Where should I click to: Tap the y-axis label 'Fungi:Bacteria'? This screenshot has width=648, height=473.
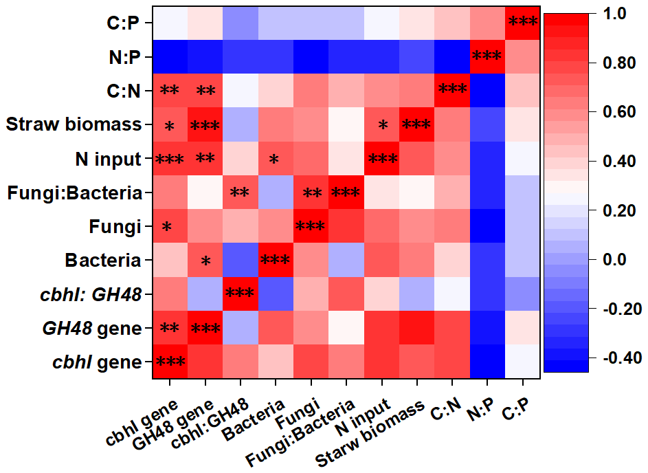pos(75,193)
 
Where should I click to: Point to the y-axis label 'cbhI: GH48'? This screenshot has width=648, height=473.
pos(97,295)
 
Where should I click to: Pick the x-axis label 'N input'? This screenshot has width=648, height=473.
pos(365,420)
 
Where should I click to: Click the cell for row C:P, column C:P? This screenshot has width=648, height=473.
pos(522,24)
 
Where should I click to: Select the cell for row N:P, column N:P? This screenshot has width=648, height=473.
pos(487,58)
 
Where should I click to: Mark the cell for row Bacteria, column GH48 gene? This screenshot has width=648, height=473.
pos(205,261)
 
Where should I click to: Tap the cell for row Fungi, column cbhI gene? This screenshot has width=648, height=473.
pos(169,227)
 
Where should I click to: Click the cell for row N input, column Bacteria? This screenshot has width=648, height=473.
pos(275,159)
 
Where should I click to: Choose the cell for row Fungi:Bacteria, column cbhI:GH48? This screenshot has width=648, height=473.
pos(240,193)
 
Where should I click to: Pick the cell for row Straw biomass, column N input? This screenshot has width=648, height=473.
pos(381,125)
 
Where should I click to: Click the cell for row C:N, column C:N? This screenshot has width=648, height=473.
pos(452,91)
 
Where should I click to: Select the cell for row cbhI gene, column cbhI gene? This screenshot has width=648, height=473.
pos(169,362)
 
